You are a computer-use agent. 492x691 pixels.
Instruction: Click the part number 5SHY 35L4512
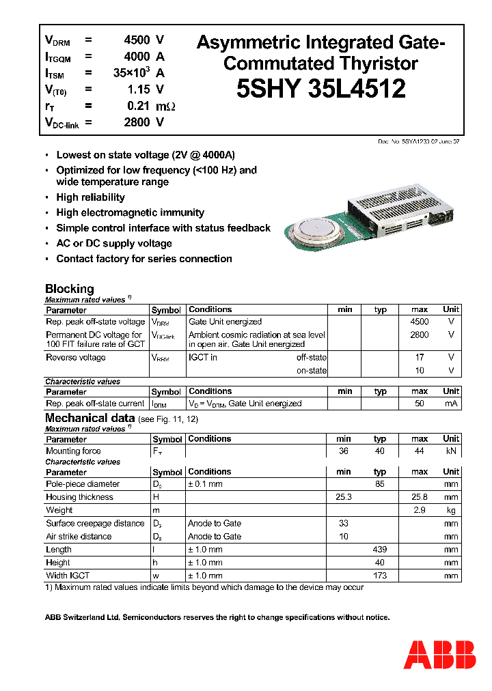tap(321, 89)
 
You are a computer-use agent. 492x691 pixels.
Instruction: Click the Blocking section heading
tap(69, 289)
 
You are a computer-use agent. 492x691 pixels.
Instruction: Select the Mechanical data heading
tap(85, 418)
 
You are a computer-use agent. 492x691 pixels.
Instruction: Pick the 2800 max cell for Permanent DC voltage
tap(420, 335)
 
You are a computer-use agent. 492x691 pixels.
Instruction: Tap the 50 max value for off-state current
tap(420, 404)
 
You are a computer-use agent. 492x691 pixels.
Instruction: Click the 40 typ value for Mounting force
tap(380, 451)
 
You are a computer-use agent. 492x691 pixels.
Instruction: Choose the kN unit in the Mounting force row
tap(451, 451)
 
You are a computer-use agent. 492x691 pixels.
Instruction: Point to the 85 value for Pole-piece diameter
tap(380, 484)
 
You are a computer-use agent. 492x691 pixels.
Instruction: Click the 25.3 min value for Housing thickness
tap(344, 497)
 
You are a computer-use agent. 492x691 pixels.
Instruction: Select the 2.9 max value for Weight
tap(420, 510)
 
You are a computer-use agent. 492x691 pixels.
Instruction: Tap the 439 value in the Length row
tap(380, 550)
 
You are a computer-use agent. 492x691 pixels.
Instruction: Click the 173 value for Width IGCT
tap(380, 576)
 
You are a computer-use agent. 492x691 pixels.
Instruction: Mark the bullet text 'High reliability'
tap(90, 197)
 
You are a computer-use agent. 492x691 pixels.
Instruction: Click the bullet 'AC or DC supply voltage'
tap(114, 244)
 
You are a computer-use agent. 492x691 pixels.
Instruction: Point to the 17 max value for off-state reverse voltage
tap(420, 357)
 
